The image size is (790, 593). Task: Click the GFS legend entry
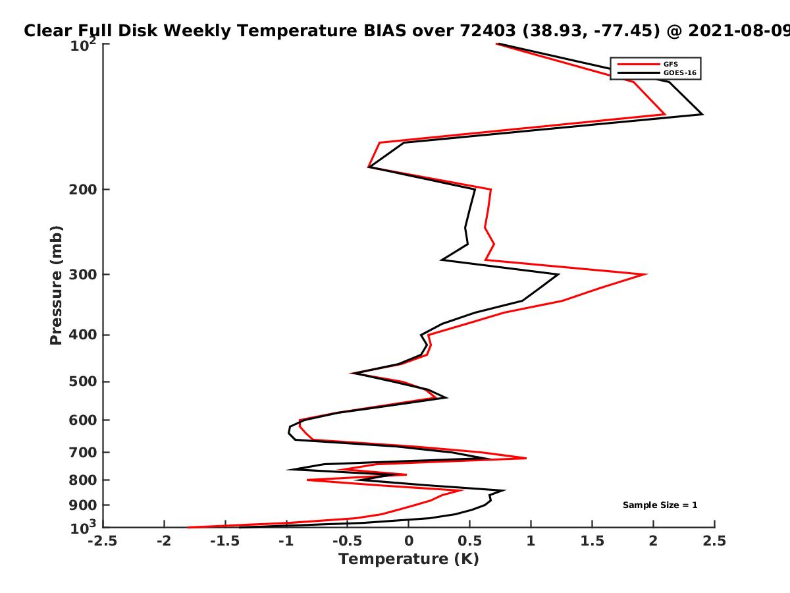click(648, 65)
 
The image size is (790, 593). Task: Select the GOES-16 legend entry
click(657, 73)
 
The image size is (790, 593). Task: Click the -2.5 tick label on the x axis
click(103, 541)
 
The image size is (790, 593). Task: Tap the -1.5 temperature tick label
click(225, 541)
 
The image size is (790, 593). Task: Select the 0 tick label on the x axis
click(409, 541)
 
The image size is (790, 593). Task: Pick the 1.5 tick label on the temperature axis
click(592, 541)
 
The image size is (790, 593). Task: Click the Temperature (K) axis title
click(409, 559)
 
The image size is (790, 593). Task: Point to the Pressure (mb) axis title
click(56, 285)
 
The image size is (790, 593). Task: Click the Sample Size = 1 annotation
click(660, 505)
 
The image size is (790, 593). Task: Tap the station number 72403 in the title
click(488, 31)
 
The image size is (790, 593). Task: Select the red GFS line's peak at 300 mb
click(646, 274)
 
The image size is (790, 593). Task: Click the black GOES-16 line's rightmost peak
click(702, 114)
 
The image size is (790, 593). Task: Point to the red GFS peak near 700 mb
click(526, 459)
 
